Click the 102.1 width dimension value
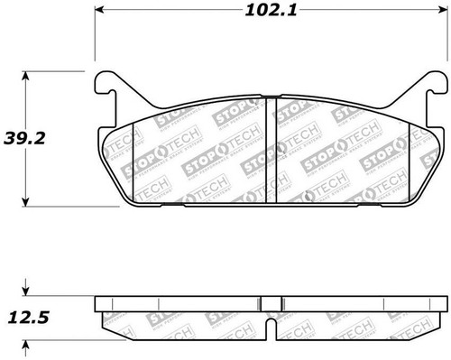(274, 13)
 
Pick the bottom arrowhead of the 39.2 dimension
(24, 203)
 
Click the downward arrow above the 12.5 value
(24, 291)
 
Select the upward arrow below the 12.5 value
(24, 344)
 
